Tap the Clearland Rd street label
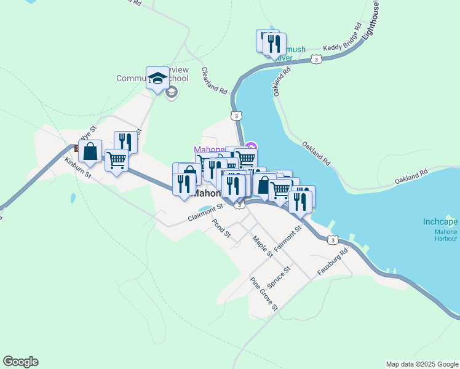click(215, 81)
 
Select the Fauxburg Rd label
click(333, 262)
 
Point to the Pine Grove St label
click(264, 293)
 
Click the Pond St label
click(221, 229)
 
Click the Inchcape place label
click(440, 222)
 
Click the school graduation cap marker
click(157, 78)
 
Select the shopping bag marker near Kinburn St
click(90, 151)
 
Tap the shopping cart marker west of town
click(116, 161)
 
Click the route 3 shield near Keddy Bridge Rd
click(315, 59)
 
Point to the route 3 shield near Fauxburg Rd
click(332, 240)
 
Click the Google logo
click(20, 362)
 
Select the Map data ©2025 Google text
click(421, 364)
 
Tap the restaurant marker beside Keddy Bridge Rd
click(274, 44)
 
